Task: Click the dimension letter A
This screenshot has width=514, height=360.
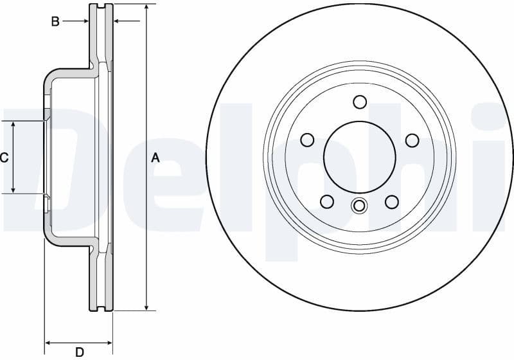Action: pos(155,157)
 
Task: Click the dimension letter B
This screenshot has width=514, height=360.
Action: pos(55,22)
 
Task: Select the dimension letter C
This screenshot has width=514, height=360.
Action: pos(4,157)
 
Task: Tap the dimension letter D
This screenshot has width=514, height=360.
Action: pos(80,352)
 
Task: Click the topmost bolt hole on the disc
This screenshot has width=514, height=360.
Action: pos(360,102)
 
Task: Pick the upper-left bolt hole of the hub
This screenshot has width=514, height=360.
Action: pos(307,139)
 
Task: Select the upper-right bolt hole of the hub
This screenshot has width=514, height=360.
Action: pos(412,139)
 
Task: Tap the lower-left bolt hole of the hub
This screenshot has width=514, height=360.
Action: pos(327,202)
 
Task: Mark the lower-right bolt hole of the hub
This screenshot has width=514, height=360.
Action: pos(392,202)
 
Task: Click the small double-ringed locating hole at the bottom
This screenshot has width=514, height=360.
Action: pos(359,206)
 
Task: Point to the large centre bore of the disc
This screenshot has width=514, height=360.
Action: pos(360,156)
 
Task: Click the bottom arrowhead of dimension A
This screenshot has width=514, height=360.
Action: pos(146,307)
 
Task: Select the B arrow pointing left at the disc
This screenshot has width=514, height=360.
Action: pos(118,22)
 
